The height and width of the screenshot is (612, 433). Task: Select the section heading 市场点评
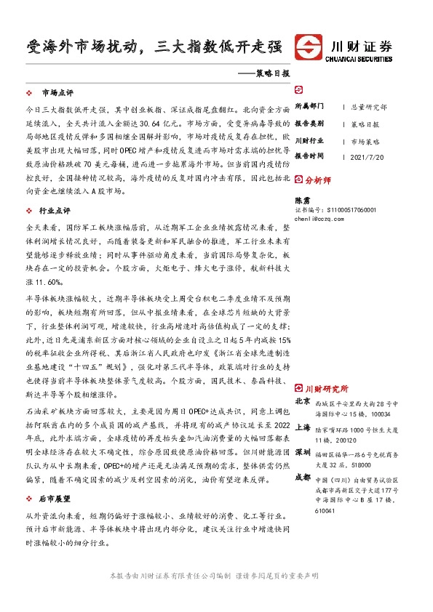57,93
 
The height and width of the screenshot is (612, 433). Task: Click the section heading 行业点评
57,211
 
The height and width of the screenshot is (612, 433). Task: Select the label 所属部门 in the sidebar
309,106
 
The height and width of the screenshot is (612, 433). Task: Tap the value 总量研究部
368,106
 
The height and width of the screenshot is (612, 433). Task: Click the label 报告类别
309,124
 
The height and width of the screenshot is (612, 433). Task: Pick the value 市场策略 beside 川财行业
365,140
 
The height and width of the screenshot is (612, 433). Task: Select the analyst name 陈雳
301,198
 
